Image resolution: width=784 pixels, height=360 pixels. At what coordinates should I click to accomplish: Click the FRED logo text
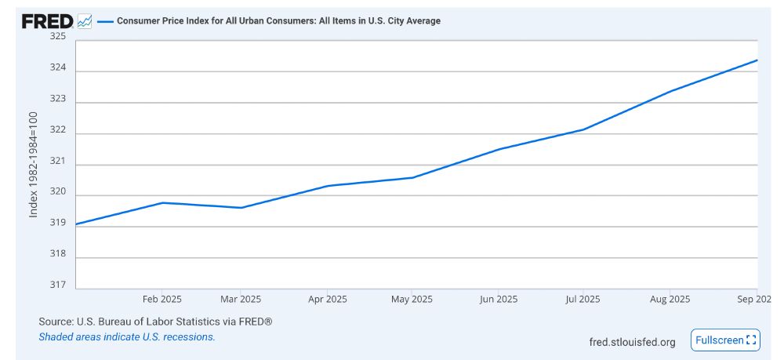click(48, 21)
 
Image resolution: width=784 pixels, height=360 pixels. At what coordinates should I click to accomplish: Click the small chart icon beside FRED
click(85, 21)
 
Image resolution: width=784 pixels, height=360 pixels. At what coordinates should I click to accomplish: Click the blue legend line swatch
click(105, 21)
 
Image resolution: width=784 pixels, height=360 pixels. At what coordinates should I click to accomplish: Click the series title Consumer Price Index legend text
click(278, 21)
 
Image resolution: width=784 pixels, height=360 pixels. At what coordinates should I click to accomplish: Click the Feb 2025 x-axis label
click(162, 300)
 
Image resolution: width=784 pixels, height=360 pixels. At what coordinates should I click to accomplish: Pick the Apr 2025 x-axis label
click(327, 300)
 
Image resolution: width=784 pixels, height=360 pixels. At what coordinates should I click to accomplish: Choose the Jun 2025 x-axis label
click(498, 300)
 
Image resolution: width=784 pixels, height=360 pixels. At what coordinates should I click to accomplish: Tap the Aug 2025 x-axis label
click(670, 300)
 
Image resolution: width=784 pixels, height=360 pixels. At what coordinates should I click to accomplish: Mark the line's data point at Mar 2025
click(241, 208)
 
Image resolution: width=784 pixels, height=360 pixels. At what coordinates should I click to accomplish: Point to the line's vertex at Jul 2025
click(583, 129)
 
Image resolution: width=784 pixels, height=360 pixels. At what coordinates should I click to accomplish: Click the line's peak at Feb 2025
click(162, 203)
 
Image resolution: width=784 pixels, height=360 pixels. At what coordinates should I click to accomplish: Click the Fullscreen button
click(726, 340)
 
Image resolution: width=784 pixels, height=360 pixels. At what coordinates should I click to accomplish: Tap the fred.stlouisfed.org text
click(632, 342)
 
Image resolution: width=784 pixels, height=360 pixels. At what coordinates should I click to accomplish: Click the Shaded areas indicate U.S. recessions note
click(126, 337)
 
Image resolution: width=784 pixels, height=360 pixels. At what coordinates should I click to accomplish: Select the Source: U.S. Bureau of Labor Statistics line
click(155, 322)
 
